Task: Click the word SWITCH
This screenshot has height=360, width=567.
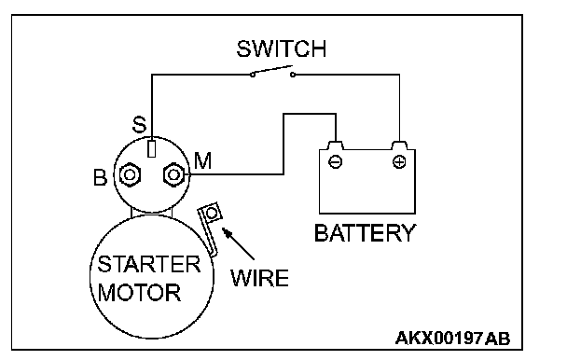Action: [x=282, y=48]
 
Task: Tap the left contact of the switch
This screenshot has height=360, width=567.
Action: [x=253, y=75]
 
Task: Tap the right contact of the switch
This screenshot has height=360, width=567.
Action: [x=293, y=75]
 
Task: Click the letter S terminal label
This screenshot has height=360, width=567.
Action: [x=139, y=125]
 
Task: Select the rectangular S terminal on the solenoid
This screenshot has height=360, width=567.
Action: [x=152, y=148]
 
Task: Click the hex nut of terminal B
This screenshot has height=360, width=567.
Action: [x=130, y=175]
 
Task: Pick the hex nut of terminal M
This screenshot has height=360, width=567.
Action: [x=174, y=175]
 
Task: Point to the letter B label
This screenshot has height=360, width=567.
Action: [x=100, y=177]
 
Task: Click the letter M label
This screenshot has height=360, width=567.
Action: [x=202, y=160]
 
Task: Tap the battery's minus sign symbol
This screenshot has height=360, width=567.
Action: [x=335, y=161]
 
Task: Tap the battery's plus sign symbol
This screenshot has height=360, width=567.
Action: [x=399, y=161]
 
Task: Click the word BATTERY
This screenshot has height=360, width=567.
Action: [x=366, y=232]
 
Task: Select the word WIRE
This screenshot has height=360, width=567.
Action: [x=259, y=278]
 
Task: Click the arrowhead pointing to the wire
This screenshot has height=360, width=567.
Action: [x=227, y=232]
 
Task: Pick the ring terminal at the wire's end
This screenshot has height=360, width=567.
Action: [x=212, y=213]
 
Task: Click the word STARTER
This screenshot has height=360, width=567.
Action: [x=148, y=264]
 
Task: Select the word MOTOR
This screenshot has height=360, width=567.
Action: [x=139, y=292]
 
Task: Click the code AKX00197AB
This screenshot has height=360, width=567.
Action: [x=452, y=339]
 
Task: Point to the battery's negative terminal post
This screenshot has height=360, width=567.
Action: [x=335, y=145]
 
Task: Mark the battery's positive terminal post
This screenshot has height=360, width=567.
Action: [x=399, y=145]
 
